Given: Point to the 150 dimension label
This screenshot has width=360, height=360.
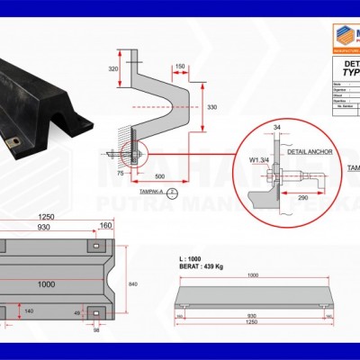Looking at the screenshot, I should (x=180, y=67).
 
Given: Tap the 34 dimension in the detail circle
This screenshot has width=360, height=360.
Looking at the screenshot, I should (x=276, y=129).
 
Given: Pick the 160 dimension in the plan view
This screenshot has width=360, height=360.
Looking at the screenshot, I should (x=105, y=225).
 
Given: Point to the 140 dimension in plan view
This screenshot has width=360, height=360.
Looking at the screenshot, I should (x=28, y=310).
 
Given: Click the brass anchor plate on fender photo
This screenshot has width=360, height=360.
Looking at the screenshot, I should (x=12, y=142).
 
